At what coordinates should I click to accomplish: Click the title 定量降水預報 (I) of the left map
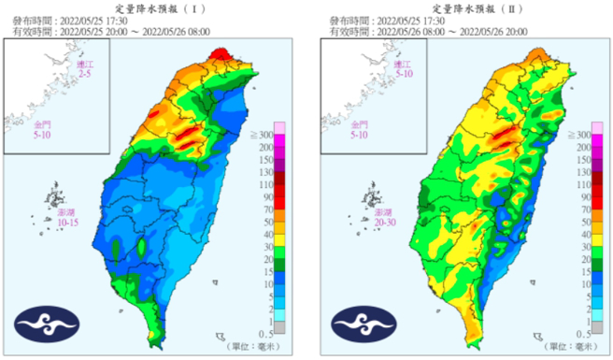[x=152, y=8]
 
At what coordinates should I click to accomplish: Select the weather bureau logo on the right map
[x=356, y=324]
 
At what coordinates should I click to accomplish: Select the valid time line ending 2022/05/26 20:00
[x=421, y=30]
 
